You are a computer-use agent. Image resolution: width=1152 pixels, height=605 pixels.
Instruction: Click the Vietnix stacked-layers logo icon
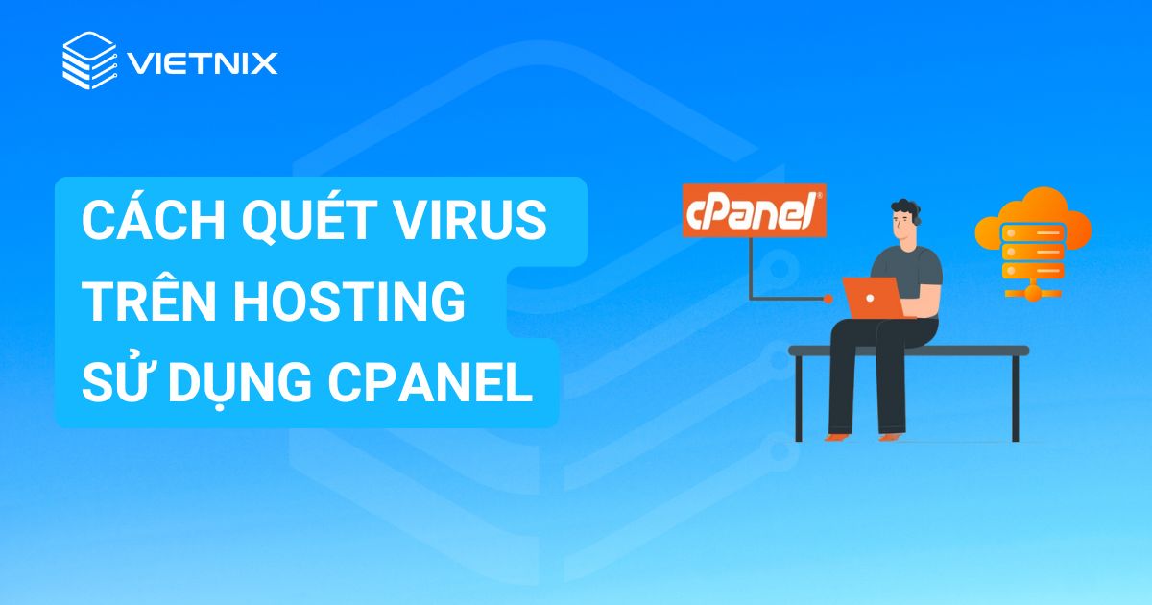point(88,60)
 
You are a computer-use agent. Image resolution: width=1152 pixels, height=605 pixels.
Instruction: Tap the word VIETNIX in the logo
point(202,63)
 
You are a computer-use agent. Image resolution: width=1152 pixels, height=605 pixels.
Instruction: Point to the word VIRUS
point(479,223)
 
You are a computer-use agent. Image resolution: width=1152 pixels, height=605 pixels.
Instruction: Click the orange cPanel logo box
point(754,211)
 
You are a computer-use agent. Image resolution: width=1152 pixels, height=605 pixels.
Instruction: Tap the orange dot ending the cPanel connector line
point(828,300)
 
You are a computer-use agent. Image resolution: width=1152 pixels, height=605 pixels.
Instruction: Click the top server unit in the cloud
point(1033,230)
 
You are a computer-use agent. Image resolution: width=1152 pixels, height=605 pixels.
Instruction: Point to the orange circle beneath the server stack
point(1033,293)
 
